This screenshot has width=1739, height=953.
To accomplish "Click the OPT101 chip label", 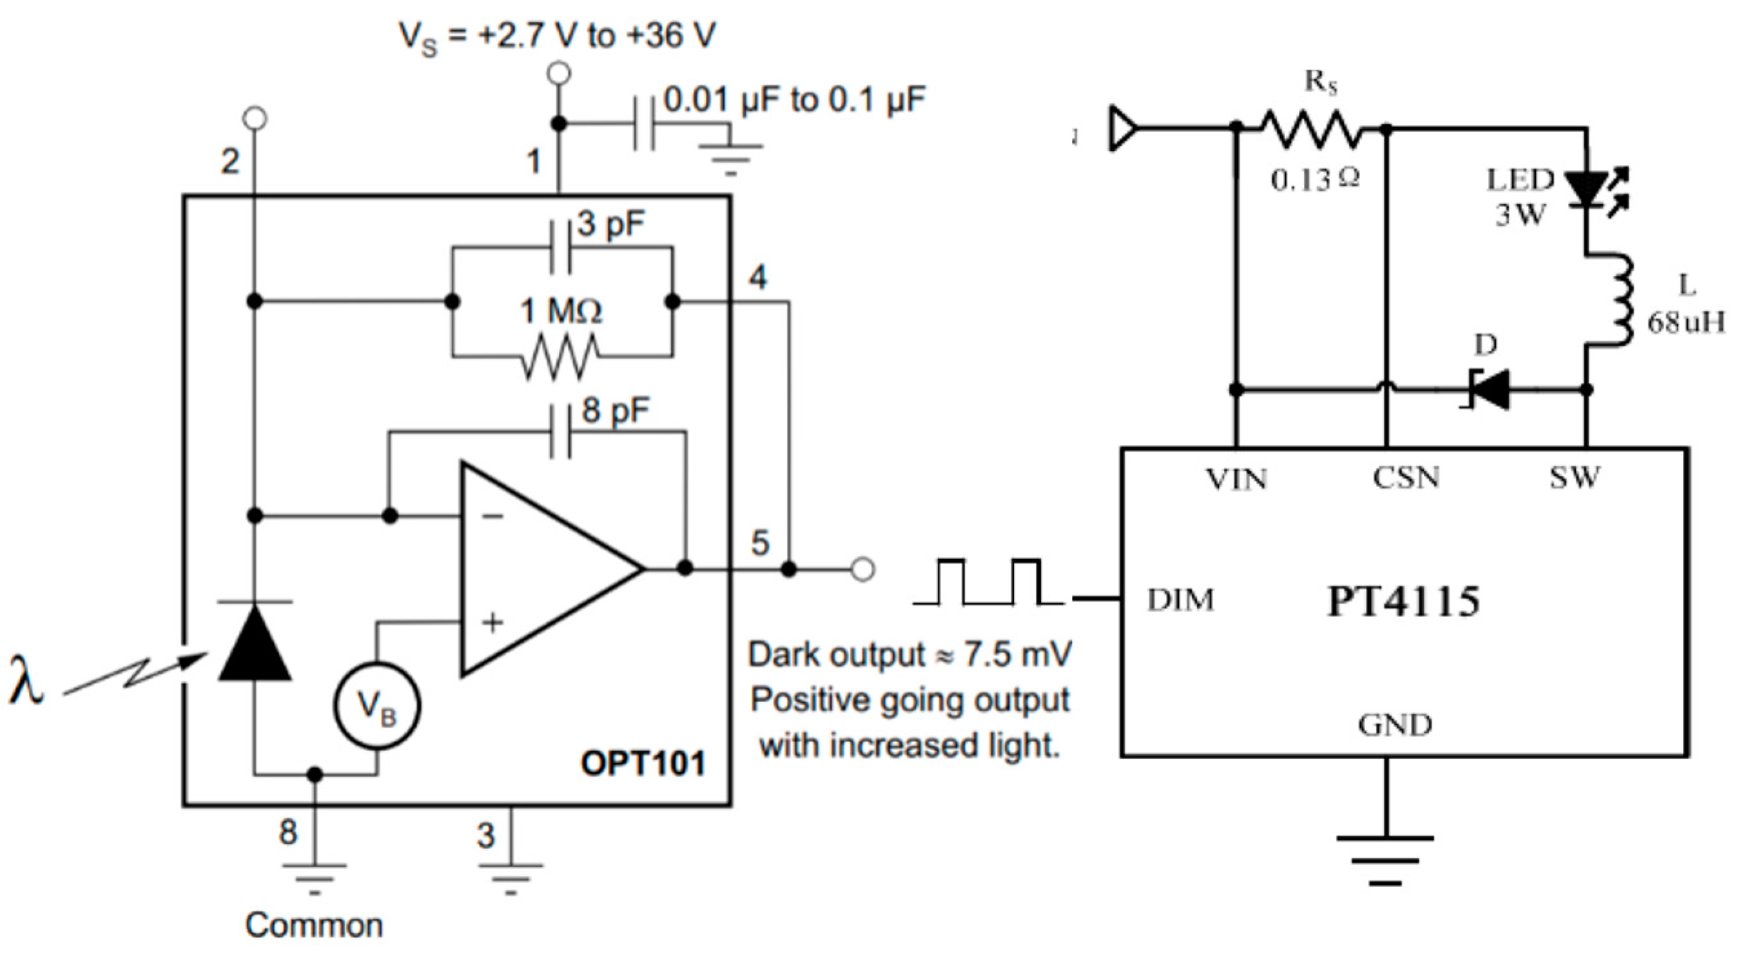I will [x=643, y=764].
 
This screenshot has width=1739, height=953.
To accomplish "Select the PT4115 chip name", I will [x=1403, y=601].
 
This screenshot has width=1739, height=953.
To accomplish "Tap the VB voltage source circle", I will [x=376, y=707].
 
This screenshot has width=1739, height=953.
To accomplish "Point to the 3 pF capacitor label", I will [x=611, y=224].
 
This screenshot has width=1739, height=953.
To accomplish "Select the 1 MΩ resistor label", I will [x=561, y=311].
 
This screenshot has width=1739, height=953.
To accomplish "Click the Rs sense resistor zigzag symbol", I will [x=1310, y=128].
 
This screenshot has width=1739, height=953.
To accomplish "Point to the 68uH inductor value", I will [x=1685, y=324].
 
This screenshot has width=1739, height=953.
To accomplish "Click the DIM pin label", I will [x=1180, y=600].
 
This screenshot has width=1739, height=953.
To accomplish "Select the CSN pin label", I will [x=1406, y=478].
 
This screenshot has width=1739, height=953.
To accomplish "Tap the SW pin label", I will [x=1574, y=478].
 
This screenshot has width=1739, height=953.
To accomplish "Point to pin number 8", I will [x=288, y=832].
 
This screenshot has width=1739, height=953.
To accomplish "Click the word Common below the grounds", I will [x=314, y=925].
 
